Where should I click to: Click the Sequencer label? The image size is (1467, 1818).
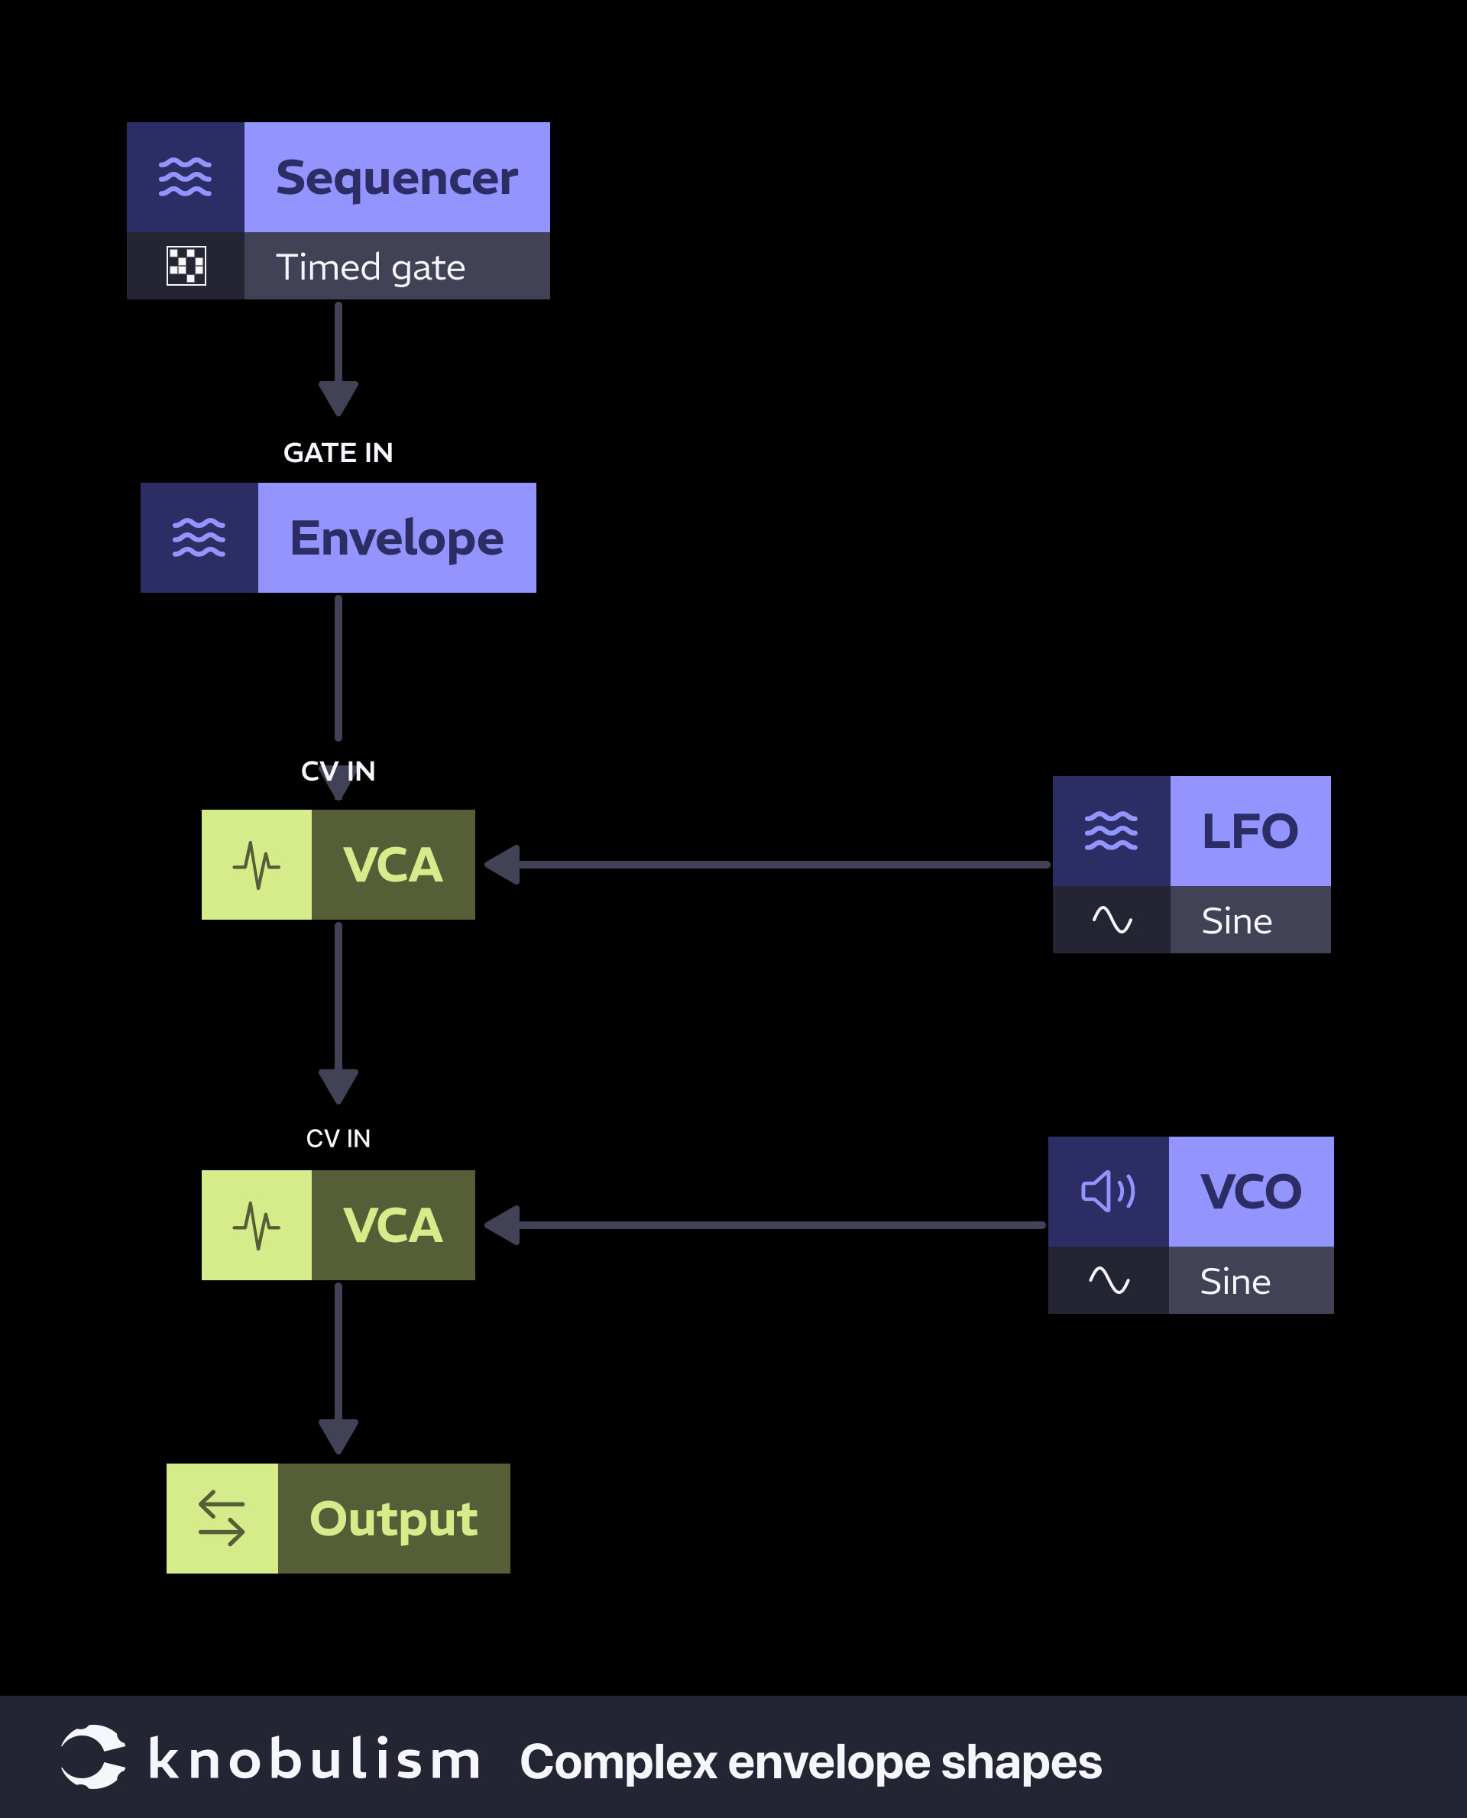coord(397,178)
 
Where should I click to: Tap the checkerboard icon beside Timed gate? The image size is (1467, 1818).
coord(186,266)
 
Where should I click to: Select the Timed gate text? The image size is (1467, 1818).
coord(370,268)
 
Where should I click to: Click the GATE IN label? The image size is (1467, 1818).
coord(338,453)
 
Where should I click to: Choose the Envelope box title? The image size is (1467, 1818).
coord(397,539)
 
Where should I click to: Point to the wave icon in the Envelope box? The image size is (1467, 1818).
coord(199,538)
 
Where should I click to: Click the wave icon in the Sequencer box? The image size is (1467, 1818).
coord(185,177)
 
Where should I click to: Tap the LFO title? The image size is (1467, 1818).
coord(1250,831)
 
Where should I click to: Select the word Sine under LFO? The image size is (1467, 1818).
coord(1236,920)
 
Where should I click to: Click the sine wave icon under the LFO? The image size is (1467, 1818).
coord(1111,920)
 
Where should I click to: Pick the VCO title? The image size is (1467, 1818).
coord(1251,1192)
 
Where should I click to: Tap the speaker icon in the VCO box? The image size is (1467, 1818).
coord(1108,1192)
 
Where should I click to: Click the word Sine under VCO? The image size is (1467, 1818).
coord(1235,1282)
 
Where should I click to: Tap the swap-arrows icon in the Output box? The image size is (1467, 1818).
coord(222,1518)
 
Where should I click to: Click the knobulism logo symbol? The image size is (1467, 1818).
coord(93,1756)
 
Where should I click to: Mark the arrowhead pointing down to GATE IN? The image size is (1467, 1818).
coord(338,398)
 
